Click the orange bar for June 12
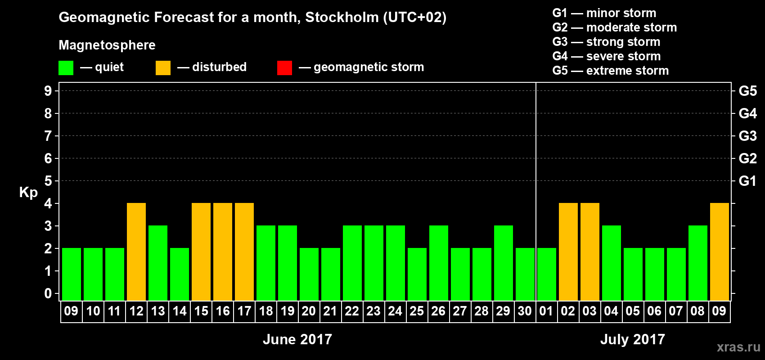coord(136,252)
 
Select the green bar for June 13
coord(158,263)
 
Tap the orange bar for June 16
coord(223,252)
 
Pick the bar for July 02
coord(568,252)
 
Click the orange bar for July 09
coord(720,252)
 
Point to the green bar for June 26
coord(439,263)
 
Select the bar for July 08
coord(698,263)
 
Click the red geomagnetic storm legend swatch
coord(284,68)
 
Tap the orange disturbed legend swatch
coord(163,68)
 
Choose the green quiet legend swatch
coord(66,68)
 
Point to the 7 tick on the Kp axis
coord(48,136)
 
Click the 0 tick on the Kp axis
coord(48,293)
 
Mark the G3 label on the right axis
coord(747,136)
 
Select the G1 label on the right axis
coord(747,181)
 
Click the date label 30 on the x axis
coord(525,311)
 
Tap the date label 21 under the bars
coord(330,311)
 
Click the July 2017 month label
coord(632,339)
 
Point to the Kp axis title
coord(28,192)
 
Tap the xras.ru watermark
coord(738,347)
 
